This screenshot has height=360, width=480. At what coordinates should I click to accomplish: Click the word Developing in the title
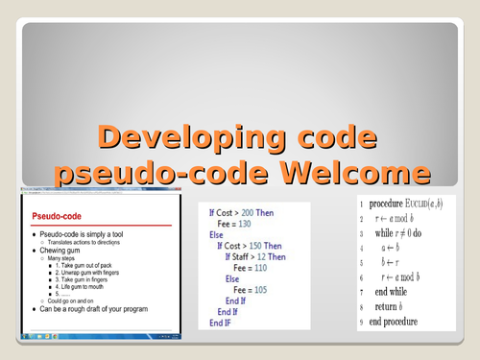coord(179,137)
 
